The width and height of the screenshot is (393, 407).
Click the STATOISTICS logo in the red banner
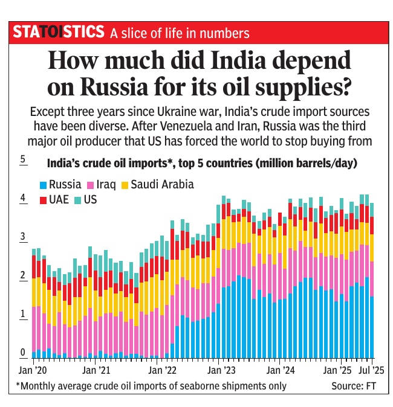coord(59,32)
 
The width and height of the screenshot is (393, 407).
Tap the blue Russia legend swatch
coord(42,185)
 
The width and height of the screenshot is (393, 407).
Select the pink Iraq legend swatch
coord(91,185)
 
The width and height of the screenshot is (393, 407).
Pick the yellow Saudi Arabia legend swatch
coord(125,185)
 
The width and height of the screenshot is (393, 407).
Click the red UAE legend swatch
coord(42,199)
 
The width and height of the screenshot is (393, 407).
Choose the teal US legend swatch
coord(78,199)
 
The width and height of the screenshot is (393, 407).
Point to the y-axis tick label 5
coord(22,161)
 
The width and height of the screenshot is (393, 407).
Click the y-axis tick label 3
coord(22,237)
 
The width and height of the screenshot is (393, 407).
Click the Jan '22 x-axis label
coord(161,368)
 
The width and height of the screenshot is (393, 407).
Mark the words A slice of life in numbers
coord(180,33)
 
